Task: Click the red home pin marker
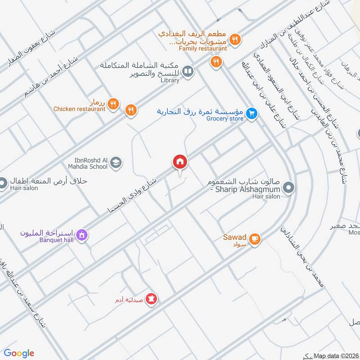(180, 161)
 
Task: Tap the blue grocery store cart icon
(252, 114)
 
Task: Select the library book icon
(189, 72)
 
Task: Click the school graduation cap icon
(116, 162)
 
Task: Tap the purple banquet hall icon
(81, 234)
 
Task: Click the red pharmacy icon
(152, 299)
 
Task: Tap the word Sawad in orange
(234, 237)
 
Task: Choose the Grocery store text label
(225, 118)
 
